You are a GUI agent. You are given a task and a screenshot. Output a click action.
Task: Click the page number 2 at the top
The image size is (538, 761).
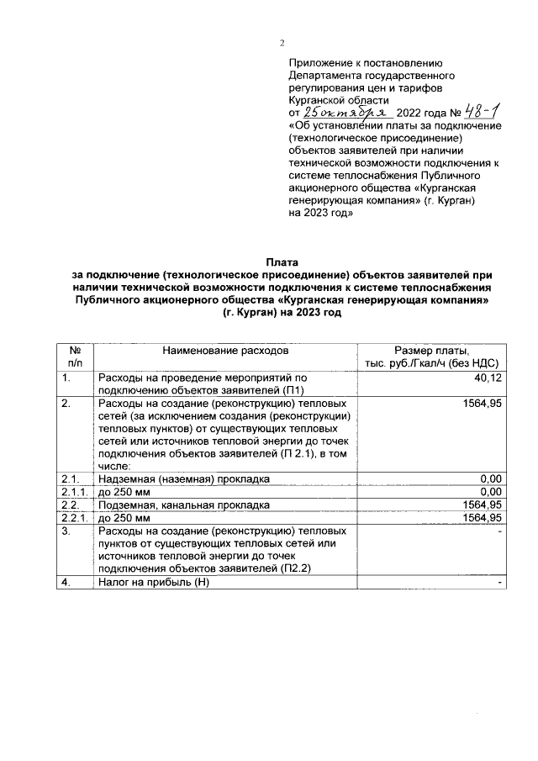282,44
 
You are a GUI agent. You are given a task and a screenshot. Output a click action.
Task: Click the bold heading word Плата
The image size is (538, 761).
282,263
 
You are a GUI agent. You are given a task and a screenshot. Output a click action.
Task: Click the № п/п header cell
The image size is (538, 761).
75,357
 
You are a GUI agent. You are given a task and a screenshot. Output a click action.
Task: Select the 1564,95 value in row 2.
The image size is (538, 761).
482,404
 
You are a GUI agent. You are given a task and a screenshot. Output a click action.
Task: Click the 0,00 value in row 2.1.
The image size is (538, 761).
490,478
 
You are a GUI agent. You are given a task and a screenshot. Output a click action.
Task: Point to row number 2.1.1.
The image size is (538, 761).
75,491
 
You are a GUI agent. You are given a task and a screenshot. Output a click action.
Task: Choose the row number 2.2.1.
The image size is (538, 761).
75,517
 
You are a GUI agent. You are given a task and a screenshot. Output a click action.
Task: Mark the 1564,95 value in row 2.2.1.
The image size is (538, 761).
482,517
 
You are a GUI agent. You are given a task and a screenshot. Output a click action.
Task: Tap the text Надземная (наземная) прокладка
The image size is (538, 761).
183,478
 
